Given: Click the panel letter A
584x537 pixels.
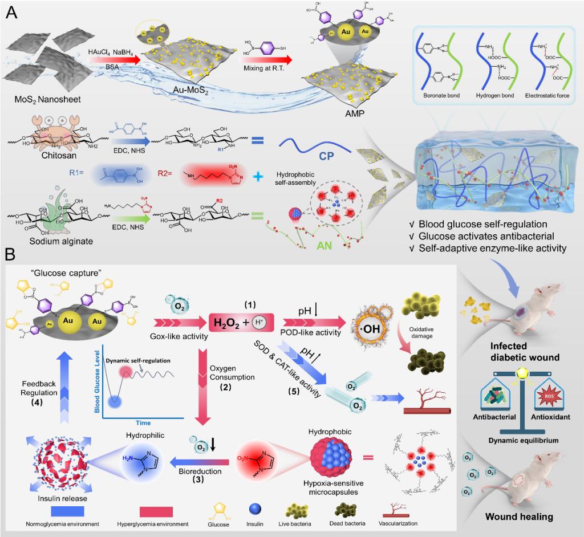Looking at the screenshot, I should point(11,13).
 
